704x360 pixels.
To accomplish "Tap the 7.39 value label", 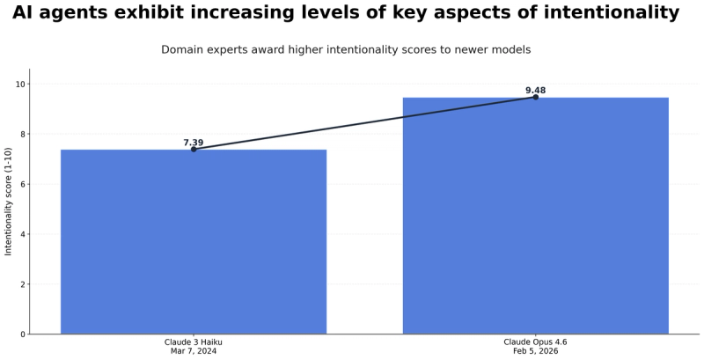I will click(194, 143).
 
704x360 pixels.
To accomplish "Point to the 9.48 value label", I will click(535, 91).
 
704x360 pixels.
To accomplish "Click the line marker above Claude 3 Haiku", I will click(194, 150).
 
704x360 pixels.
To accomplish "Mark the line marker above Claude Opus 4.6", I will click(535, 97).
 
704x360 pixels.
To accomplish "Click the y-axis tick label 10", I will click(20, 84).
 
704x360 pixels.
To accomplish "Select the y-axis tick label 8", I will click(23, 135).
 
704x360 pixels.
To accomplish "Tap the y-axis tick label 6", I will click(23, 184).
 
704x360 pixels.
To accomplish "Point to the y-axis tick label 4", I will click(23, 234).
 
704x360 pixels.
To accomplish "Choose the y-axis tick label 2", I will click(23, 284).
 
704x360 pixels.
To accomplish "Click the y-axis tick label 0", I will click(23, 334).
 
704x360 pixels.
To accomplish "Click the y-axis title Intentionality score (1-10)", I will click(9, 201).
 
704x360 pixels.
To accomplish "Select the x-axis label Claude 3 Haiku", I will click(194, 342).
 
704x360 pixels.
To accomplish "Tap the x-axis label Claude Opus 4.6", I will click(535, 342).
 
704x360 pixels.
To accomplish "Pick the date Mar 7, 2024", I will click(194, 351).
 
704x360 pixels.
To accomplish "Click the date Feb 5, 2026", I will click(535, 351).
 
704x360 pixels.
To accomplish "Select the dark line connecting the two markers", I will click(364, 123).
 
